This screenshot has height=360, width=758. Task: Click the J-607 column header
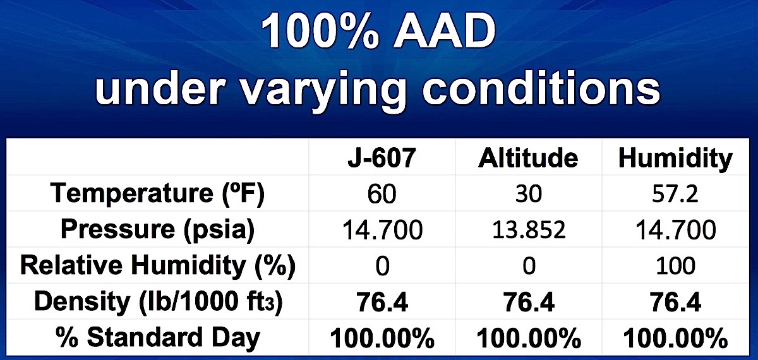click(382, 158)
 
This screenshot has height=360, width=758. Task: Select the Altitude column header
click(528, 158)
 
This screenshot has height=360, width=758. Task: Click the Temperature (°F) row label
click(157, 194)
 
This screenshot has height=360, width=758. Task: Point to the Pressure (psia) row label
click(158, 230)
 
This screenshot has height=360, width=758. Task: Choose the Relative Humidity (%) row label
click(158, 266)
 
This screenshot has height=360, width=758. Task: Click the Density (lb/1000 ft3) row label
click(158, 302)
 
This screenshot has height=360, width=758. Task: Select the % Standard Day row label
click(158, 337)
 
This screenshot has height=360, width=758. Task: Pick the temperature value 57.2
click(675, 195)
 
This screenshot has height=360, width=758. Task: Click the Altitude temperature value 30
click(529, 195)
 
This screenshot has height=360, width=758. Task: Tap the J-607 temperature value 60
click(382, 195)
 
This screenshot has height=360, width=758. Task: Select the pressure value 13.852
click(529, 230)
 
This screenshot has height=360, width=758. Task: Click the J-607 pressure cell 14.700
click(382, 230)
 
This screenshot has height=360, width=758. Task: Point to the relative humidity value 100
click(675, 266)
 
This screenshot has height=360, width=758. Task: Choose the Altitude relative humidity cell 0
click(529, 266)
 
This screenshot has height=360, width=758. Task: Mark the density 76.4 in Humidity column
click(675, 302)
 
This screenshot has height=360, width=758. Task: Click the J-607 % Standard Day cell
click(382, 338)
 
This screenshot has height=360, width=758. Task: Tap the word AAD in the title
click(444, 32)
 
